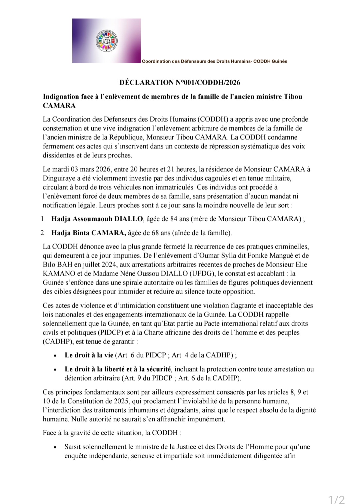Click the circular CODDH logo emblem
click(107, 41)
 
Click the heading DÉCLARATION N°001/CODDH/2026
click(180, 83)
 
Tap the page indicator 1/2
click(336, 491)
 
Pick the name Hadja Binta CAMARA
click(89, 233)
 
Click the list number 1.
click(43, 219)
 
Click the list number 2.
click(43, 233)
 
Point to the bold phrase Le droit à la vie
click(89, 355)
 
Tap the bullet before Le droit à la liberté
click(55, 369)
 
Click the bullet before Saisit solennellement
click(55, 447)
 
